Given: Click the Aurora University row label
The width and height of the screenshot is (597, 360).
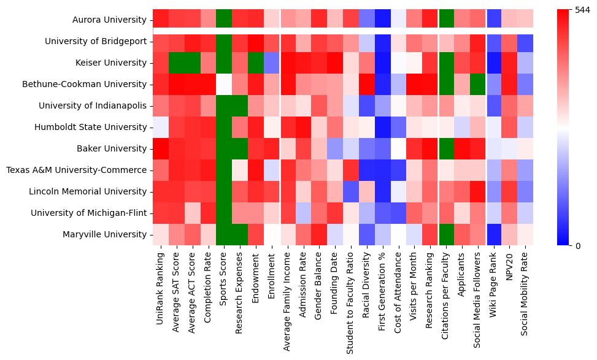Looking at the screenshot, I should [109, 20].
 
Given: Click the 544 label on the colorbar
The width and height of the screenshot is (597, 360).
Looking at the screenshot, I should [582, 10].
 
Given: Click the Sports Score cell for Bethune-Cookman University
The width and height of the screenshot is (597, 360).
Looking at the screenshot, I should [224, 84].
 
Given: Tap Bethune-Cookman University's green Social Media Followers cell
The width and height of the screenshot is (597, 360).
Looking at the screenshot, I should [477, 84].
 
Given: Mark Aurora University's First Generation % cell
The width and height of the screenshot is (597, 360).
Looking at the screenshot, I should [382, 20].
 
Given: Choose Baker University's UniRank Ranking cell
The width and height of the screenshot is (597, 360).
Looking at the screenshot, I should [161, 148].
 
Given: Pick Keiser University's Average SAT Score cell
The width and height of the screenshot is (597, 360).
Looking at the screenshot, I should [177, 63].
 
